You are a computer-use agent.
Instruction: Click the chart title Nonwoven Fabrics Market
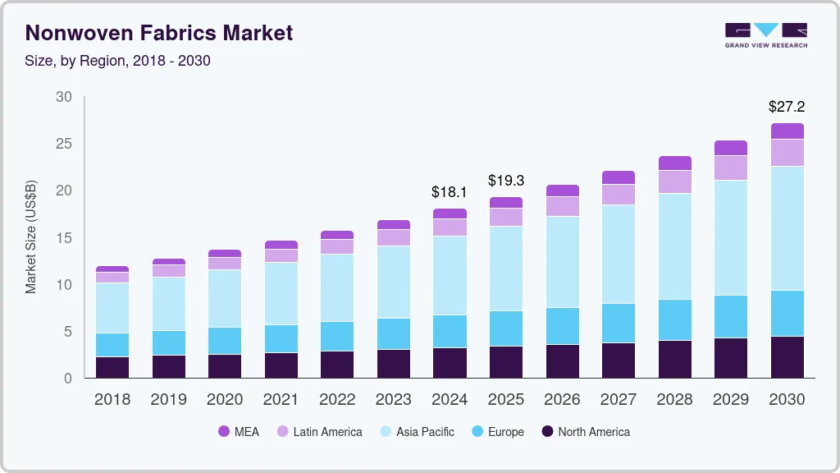[159, 34]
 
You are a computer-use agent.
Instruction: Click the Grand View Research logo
[765, 35]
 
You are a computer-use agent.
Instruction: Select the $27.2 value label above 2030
[786, 107]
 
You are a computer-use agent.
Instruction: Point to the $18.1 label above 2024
[449, 192]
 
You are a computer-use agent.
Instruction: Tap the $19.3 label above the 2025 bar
[505, 180]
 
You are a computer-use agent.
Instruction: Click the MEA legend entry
[239, 431]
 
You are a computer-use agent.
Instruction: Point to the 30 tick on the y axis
[64, 97]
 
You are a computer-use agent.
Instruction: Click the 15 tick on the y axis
[64, 238]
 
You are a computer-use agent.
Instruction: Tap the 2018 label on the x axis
[112, 400]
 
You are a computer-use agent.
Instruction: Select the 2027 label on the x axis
[618, 400]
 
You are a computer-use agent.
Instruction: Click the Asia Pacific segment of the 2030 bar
[787, 228]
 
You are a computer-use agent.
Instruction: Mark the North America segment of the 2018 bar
[112, 367]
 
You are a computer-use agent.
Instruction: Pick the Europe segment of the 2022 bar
[337, 336]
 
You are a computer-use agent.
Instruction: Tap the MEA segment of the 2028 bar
[674, 163]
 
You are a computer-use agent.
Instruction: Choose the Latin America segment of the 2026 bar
[562, 206]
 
